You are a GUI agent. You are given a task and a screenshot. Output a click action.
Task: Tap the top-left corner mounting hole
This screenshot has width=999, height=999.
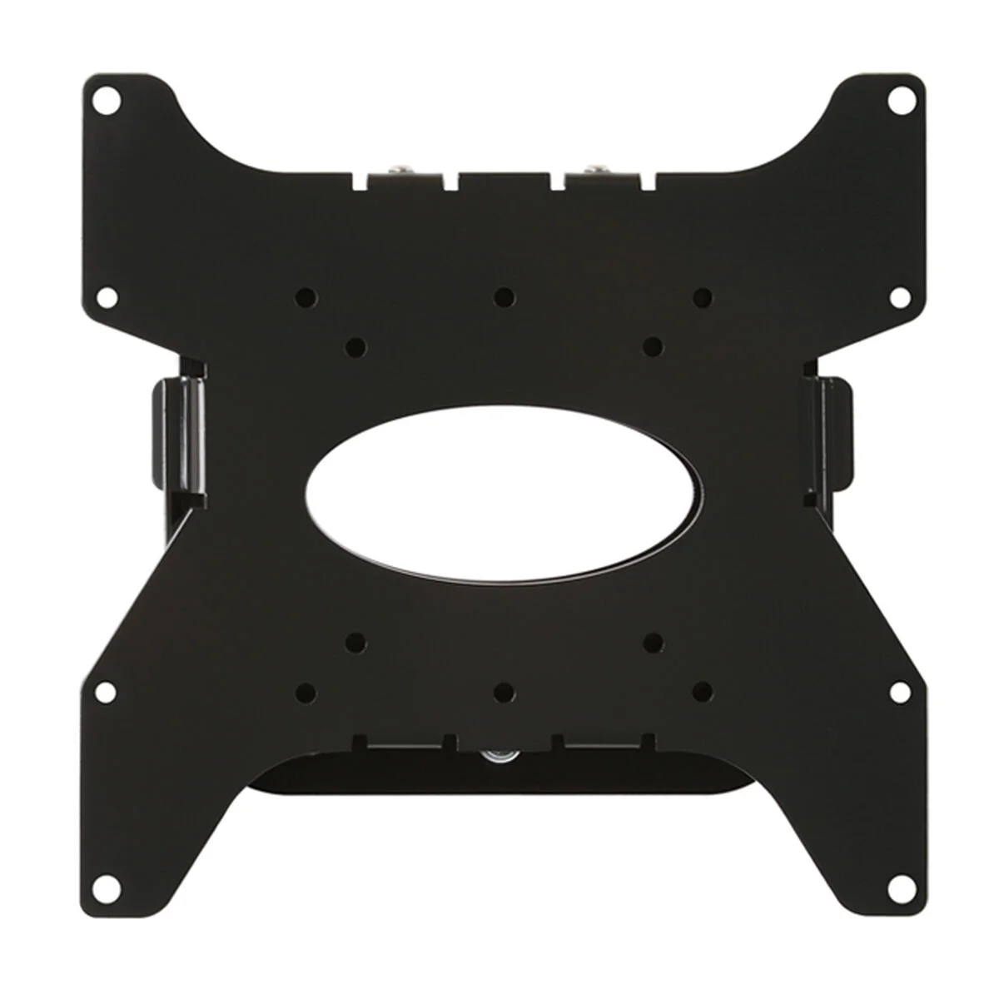click(x=108, y=105)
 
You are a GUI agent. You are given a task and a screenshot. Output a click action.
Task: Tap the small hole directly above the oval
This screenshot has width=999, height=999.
click(x=502, y=296)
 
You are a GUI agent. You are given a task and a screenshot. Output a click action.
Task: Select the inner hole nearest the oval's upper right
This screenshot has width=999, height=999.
click(x=654, y=343)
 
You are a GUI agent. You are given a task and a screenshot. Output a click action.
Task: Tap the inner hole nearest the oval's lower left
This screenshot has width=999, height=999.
click(x=356, y=642)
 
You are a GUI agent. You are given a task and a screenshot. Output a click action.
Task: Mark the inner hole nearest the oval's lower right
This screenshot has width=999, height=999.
click(x=654, y=642)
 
